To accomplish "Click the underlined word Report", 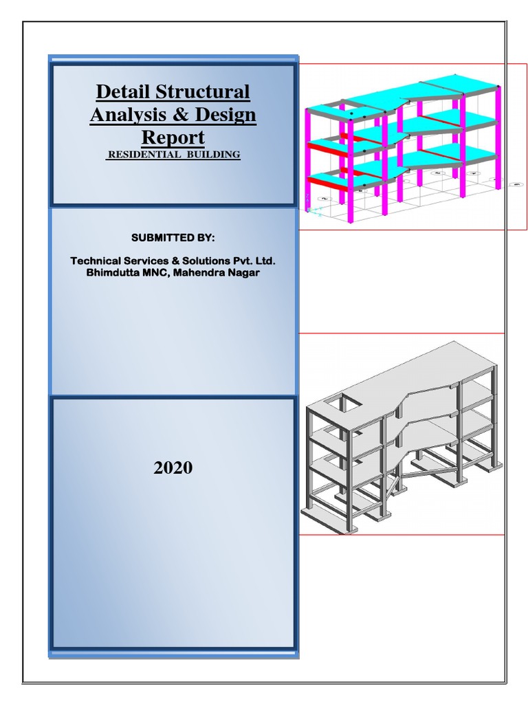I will pos(173,137).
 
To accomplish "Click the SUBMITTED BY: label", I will pos(173,237).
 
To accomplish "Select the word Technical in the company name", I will pos(96,261).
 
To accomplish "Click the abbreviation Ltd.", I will pos(265,261).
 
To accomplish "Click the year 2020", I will pos(173,468).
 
